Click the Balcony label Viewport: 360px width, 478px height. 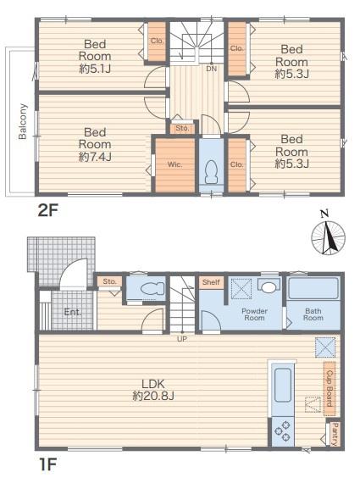pyautogui.click(x=23, y=122)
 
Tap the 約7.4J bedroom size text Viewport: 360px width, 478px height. pyautogui.click(x=95, y=157)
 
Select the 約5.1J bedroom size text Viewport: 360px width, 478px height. pyautogui.click(x=95, y=69)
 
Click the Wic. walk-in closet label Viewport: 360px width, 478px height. pyautogui.click(x=175, y=164)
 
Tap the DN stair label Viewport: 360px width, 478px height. pyautogui.click(x=212, y=69)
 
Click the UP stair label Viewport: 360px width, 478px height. pyautogui.click(x=182, y=338)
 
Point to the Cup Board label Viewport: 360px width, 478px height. pyautogui.click(x=330, y=389)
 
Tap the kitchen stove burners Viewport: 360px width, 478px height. pyautogui.click(x=282, y=431)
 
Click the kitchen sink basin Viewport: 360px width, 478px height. pyautogui.click(x=283, y=386)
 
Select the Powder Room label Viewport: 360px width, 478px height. pyautogui.click(x=254, y=314)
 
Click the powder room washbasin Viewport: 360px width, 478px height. pyautogui.click(x=269, y=286)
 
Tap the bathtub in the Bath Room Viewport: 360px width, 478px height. pyautogui.click(x=313, y=288)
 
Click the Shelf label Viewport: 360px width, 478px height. pyautogui.click(x=211, y=282)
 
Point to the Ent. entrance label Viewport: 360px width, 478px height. pyautogui.click(x=73, y=312)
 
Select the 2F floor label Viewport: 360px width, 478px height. pyautogui.click(x=47, y=210)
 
